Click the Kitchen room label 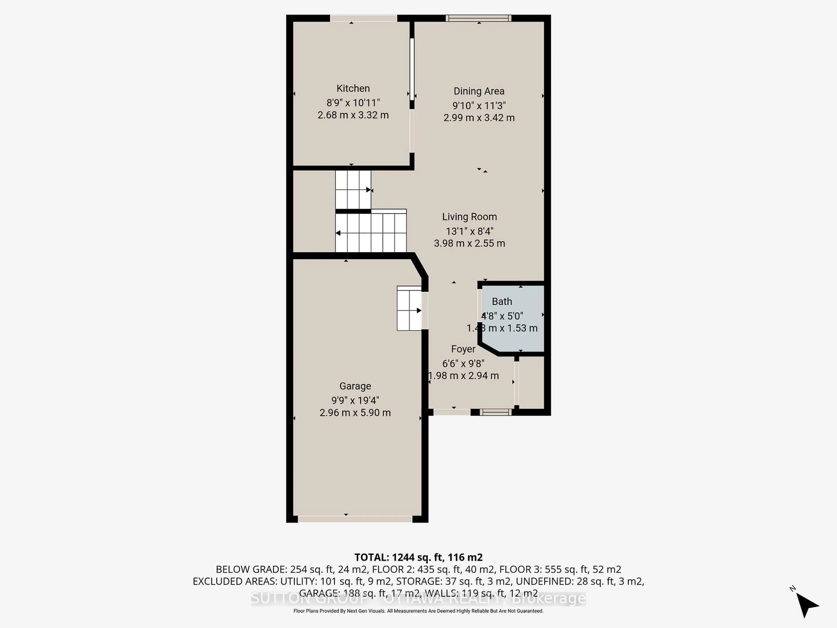(x=353, y=89)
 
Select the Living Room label (x=469, y=217)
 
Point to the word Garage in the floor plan (x=355, y=386)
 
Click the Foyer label (x=463, y=349)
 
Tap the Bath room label (x=502, y=302)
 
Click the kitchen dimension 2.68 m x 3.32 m (x=353, y=115)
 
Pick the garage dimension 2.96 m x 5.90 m (x=355, y=413)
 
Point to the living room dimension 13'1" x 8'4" (x=469, y=231)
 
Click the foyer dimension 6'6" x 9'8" (x=463, y=363)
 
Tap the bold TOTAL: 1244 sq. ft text (x=418, y=557)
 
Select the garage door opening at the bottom (x=355, y=519)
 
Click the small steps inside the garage (x=409, y=309)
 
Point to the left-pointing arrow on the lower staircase (x=338, y=233)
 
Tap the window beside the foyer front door (x=495, y=412)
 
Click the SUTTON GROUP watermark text (x=418, y=599)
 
